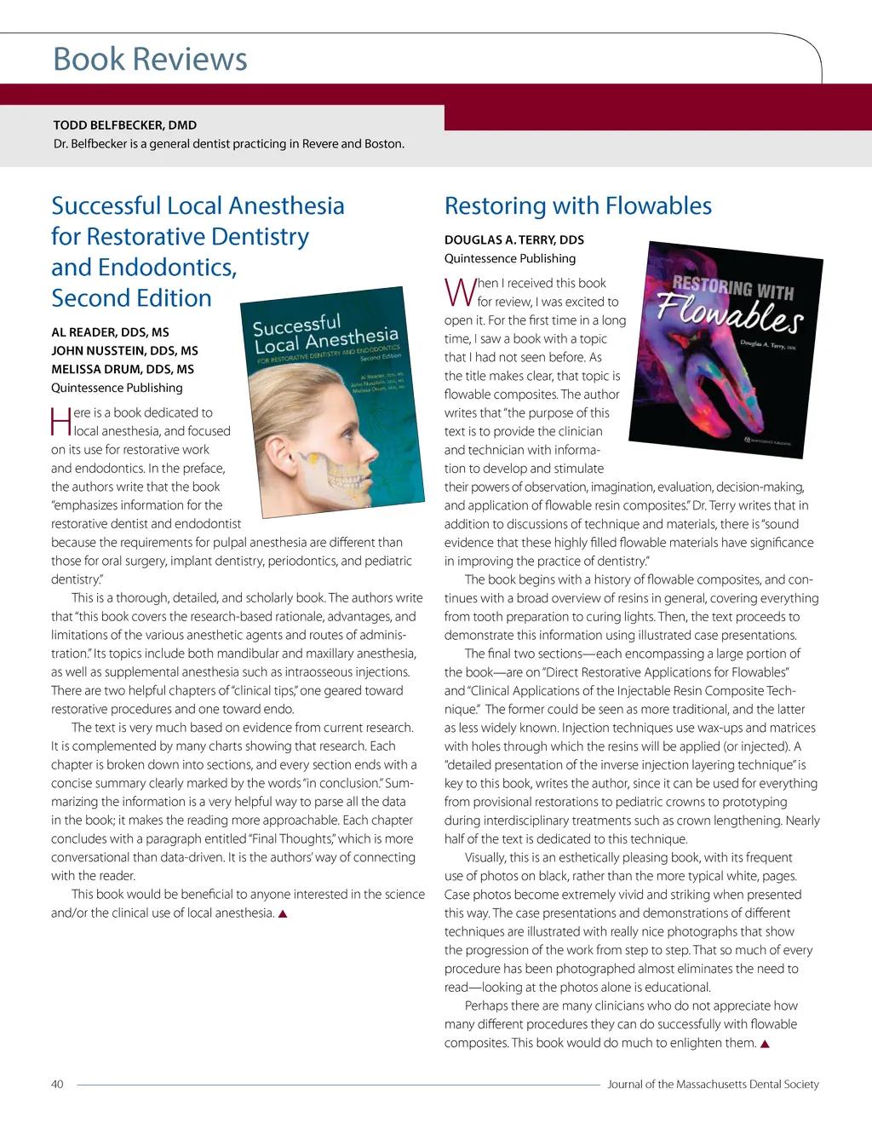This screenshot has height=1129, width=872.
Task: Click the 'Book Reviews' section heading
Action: pos(150,60)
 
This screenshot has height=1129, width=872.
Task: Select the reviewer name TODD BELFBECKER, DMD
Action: pos(125,124)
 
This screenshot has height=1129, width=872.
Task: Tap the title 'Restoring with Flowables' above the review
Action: pos(577,205)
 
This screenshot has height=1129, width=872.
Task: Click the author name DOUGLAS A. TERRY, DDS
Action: pos(513,239)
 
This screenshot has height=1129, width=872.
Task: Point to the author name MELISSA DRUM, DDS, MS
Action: pos(123,369)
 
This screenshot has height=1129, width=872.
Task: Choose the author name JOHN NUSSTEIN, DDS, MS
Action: pos(124,350)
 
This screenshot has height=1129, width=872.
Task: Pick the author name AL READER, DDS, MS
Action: pos(110,331)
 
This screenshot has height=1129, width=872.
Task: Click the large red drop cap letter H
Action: pos(60,422)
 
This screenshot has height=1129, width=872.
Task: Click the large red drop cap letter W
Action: pos(460,292)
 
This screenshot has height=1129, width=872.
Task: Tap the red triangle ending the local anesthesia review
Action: pos(283,913)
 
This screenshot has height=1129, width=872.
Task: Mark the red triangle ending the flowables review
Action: pos(765,1044)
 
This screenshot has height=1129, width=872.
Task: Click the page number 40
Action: pos(57,1084)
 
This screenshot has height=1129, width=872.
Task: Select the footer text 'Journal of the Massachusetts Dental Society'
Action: pos(713,1084)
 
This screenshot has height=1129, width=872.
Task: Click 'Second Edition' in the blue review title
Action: pos(131,298)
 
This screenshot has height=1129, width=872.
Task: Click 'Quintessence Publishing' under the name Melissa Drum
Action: pos(117,388)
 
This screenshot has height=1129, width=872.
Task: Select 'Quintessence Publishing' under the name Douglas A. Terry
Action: pos(509,258)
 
